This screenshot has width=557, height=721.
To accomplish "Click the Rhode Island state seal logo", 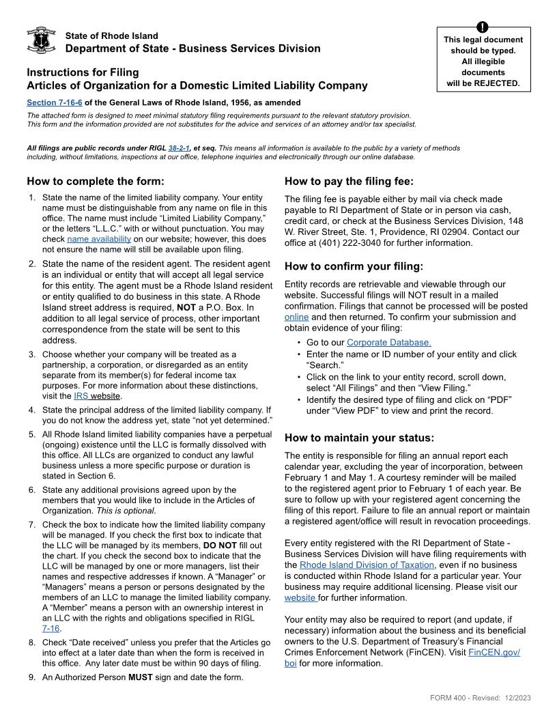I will pyautogui.click(x=40, y=41).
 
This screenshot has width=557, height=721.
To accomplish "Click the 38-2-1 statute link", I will pyautogui.click(x=178, y=147).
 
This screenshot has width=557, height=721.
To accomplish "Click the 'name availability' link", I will pyautogui.click(x=99, y=239).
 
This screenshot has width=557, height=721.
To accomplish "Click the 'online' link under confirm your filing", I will pyautogui.click(x=296, y=317).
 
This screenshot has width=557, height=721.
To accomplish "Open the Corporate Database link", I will pyautogui.click(x=388, y=342).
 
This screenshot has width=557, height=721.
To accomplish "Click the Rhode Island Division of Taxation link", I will pyautogui.click(x=367, y=565).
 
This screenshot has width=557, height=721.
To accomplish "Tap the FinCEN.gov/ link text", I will pyautogui.click(x=494, y=652).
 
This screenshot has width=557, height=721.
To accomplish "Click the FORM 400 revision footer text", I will pyautogui.click(x=481, y=697).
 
